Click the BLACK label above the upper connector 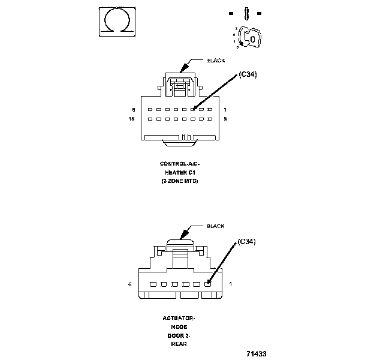coord(215,61)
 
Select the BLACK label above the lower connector coord(215,226)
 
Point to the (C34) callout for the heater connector coord(247,74)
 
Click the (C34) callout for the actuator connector coord(247,242)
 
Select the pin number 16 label coord(132,119)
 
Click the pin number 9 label coord(224,119)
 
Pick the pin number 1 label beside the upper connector coord(224,110)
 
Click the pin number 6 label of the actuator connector coord(130,284)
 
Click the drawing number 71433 coord(256,353)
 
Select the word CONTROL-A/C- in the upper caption coord(178,164)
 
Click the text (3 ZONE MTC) coord(179,181)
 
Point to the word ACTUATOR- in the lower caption coord(179,318)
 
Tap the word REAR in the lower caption coord(179,344)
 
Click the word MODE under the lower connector coord(179,327)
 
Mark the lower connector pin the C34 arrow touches coord(207,284)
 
